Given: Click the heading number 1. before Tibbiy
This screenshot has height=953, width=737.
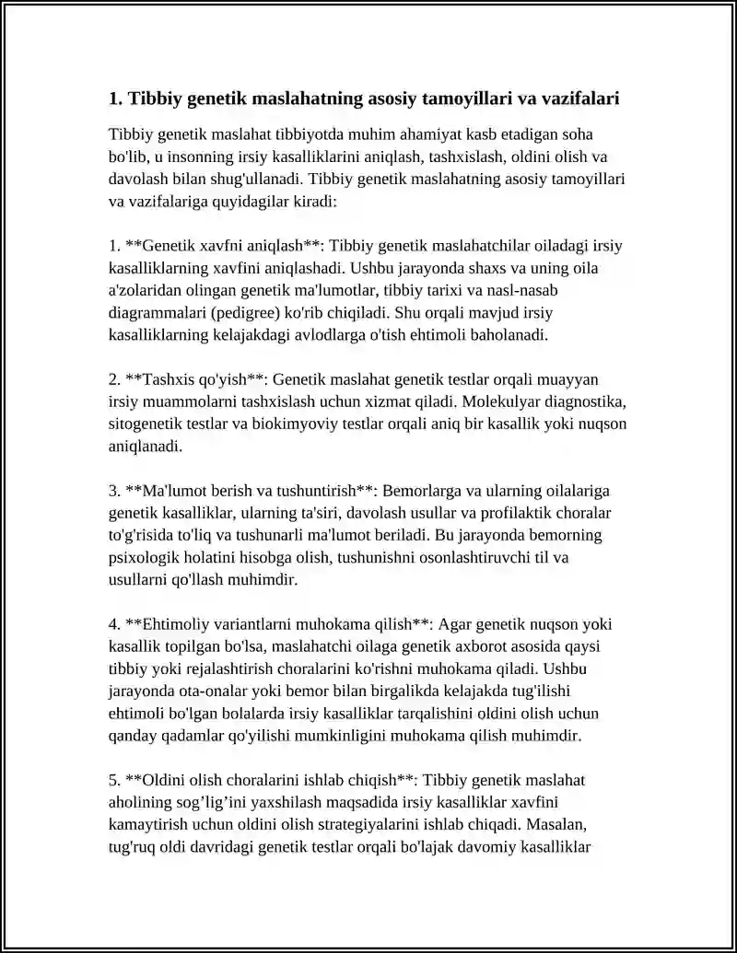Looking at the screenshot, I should coord(115,99).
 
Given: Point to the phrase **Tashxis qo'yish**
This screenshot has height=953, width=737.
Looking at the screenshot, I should coord(195,379).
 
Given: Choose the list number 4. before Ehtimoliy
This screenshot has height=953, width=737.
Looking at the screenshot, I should coord(115,623).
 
